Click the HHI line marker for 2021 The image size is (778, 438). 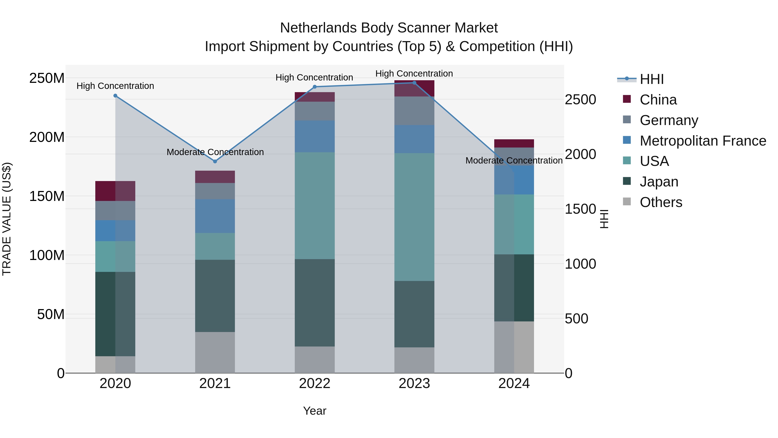point(215,161)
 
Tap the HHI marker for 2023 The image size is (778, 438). point(414,83)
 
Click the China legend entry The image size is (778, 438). point(658,100)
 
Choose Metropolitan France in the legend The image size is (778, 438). point(703,141)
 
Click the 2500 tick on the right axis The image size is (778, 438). point(580,100)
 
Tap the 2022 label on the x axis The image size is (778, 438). point(314,383)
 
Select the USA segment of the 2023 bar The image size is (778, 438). point(414,217)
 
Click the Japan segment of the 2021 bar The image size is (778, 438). point(215,296)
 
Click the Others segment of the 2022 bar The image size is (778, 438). point(314,359)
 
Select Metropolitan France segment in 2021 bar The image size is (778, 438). point(215,216)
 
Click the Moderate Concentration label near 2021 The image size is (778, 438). point(215,152)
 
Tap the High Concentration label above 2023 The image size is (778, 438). point(414,74)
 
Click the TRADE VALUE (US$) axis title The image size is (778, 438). point(7,219)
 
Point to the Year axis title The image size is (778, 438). point(314,411)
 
